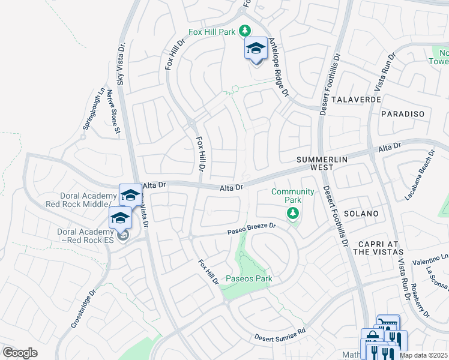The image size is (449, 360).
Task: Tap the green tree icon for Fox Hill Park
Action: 244,31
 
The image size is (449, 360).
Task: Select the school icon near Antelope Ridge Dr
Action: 256,49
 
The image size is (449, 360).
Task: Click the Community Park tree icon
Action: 293,213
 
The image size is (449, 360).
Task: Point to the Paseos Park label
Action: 249,278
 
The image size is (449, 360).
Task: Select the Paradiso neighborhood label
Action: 403,114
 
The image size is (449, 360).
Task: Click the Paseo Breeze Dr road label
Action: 251,229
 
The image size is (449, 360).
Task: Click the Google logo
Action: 20,352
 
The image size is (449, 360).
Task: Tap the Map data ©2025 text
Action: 423,355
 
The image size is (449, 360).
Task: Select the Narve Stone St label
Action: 113,112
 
